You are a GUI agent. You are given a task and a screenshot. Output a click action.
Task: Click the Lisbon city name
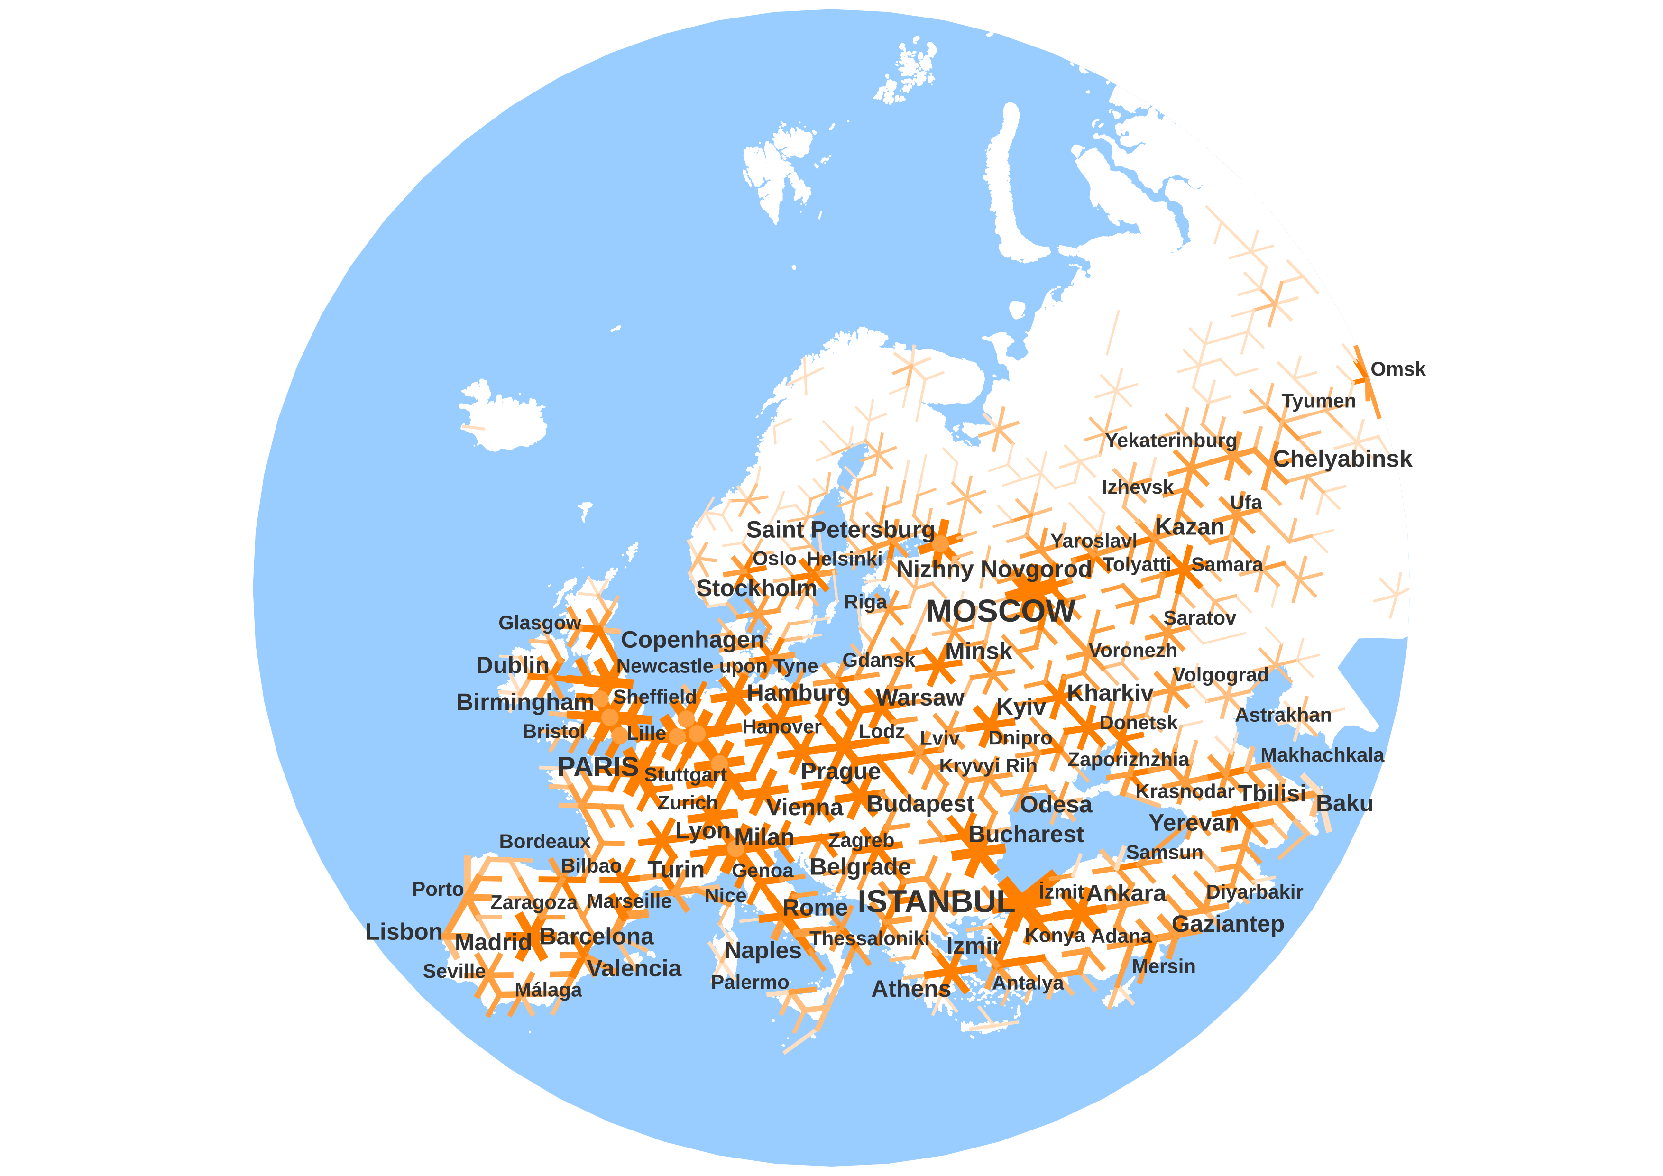pos(404,932)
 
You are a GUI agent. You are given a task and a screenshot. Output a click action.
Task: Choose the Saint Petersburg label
pos(840,530)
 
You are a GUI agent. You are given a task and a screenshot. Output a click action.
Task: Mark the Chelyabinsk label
pos(1342,459)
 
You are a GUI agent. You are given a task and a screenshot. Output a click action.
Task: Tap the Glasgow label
pos(540,623)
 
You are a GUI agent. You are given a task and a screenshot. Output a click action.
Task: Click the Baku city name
pos(1344,804)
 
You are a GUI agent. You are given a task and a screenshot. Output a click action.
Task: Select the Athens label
pos(910,989)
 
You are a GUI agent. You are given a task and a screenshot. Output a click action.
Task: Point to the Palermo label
pos(750,983)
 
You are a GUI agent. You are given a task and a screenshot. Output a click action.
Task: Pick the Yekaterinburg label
pos(1170,440)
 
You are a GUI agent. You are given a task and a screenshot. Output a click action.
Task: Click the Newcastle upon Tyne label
pos(717,666)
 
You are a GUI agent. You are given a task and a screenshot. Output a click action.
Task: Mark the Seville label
pos(454,972)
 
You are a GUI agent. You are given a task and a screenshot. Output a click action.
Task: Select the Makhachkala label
pos(1322,755)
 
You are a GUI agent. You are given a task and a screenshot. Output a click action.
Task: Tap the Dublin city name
pos(512,665)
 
